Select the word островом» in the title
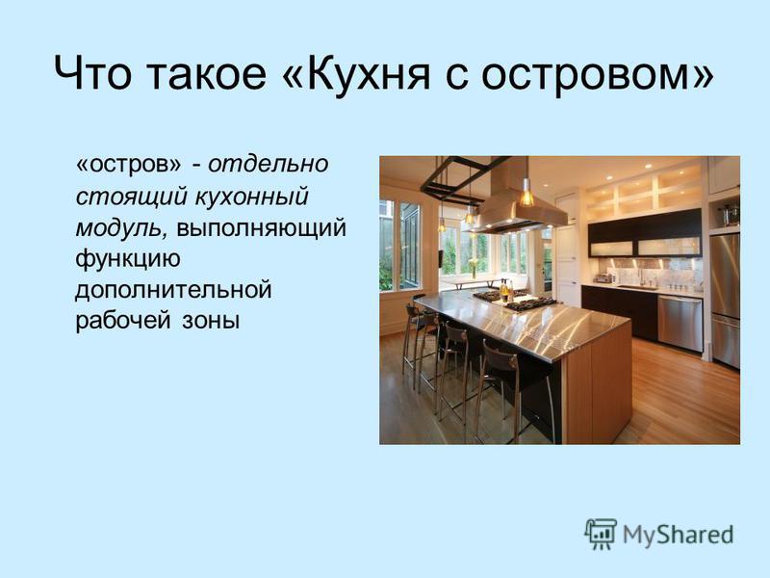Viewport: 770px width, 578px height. click(x=597, y=75)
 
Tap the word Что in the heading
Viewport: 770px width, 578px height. click(x=92, y=74)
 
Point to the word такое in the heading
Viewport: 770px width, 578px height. click(x=206, y=75)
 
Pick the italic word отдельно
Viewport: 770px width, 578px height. click(x=269, y=164)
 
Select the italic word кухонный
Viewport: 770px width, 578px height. click(x=251, y=197)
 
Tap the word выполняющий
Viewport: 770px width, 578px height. click(x=261, y=228)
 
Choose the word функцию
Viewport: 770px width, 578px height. click(x=128, y=259)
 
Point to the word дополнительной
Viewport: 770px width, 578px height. click(x=173, y=291)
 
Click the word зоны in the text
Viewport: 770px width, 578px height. click(x=211, y=322)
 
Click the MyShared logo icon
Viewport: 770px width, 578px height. click(x=600, y=535)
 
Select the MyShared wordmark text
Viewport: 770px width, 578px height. click(x=679, y=535)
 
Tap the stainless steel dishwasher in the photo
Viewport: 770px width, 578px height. click(x=680, y=324)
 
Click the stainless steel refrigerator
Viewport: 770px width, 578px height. click(x=725, y=300)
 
